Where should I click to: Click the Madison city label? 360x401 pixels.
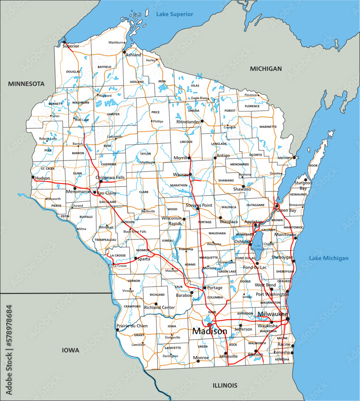209,331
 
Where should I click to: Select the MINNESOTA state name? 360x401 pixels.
26,84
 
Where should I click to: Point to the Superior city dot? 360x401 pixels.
64,42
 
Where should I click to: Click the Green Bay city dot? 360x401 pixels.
277,206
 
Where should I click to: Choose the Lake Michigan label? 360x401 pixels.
329,258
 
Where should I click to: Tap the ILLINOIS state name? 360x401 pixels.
225,386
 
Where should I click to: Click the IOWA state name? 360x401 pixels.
70,350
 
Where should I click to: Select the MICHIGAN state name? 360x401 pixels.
266,69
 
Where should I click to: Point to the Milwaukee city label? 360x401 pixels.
273,314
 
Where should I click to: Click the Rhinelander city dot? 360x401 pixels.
202,121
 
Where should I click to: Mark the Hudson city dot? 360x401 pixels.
33,177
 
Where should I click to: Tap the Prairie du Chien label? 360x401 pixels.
132,326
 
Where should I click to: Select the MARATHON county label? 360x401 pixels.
179,185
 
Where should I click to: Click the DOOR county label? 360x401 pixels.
313,166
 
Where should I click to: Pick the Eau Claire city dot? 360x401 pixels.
95,192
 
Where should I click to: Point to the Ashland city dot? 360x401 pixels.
124,51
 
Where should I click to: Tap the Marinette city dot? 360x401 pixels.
294,158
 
